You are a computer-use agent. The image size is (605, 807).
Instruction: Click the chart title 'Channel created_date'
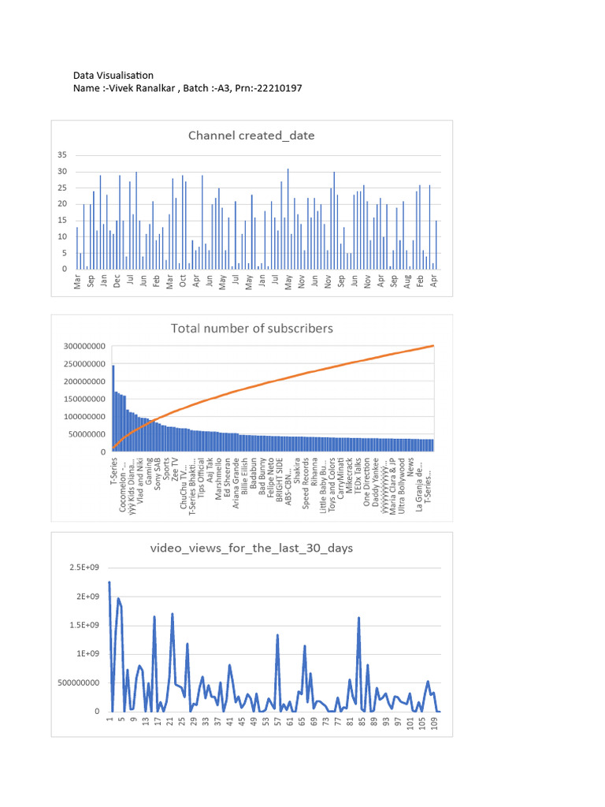(x=251, y=136)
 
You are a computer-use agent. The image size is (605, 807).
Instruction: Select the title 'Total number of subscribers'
(x=252, y=328)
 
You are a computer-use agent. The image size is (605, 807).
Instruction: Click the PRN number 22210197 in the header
(x=275, y=88)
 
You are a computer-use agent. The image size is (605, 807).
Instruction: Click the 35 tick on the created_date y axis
(x=62, y=154)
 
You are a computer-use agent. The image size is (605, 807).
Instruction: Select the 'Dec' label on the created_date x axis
(x=117, y=282)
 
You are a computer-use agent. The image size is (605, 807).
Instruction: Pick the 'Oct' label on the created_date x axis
(x=183, y=282)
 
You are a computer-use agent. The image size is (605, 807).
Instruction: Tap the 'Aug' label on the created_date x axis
(x=407, y=282)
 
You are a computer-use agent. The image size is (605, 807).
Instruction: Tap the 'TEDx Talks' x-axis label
(x=357, y=476)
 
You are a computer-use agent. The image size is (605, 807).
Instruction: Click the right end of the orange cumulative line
(x=433, y=346)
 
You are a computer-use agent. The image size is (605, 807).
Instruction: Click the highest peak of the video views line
(x=109, y=582)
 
